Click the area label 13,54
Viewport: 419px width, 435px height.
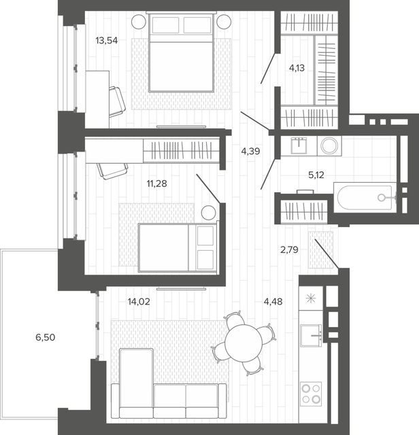click(107, 41)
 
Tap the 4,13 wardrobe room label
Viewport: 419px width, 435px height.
click(297, 68)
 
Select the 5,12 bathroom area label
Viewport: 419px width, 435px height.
click(316, 175)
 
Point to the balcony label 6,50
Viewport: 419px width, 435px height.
click(46, 337)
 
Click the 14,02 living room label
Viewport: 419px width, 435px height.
click(139, 302)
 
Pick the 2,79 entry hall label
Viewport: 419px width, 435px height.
click(289, 250)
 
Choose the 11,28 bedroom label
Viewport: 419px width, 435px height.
click(157, 184)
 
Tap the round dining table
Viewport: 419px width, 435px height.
click(244, 343)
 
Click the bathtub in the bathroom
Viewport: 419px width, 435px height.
click(365, 197)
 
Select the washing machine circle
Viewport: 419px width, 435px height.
click(329, 145)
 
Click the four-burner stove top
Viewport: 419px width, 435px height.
click(311, 394)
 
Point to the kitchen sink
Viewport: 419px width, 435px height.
click(311, 335)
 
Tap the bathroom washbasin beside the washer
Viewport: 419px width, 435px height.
click(299, 145)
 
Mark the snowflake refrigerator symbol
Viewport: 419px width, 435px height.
click(311, 298)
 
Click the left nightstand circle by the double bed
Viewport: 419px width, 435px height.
click(139, 22)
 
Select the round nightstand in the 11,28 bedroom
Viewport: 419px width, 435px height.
click(209, 213)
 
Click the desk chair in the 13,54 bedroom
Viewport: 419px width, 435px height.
click(117, 101)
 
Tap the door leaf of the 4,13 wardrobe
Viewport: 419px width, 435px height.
click(268, 68)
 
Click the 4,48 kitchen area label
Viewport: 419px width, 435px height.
click(273, 302)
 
